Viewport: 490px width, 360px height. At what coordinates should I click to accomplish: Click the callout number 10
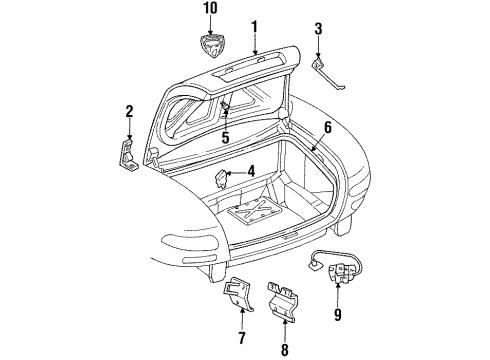[x=209, y=9]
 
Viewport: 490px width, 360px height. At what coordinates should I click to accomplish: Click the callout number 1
[x=255, y=27]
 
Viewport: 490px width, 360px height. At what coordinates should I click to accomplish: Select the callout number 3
[x=318, y=28]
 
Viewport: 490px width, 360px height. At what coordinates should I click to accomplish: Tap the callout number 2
[x=129, y=111]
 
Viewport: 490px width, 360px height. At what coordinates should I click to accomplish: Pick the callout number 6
[x=326, y=127]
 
